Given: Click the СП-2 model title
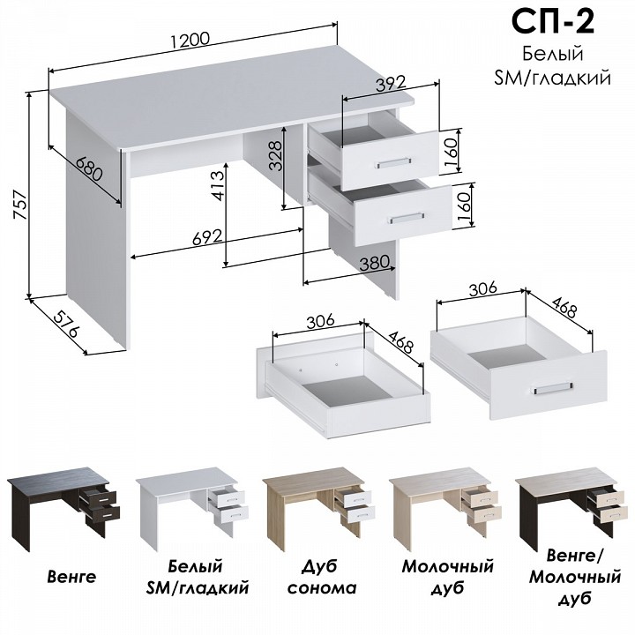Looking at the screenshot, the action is coord(553,22).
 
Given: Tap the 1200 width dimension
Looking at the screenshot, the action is coord(190,41).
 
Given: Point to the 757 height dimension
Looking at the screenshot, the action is coord(20,205).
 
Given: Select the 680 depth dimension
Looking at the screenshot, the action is coord(89,168).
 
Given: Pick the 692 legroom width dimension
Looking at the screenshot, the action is coord(207,238).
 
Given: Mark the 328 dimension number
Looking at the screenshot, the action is coord(275,155).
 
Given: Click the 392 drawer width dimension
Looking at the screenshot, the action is coord(391,84).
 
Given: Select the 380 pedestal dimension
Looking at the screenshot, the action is coord(375,264).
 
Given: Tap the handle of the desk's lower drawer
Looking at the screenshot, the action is coord(407,218).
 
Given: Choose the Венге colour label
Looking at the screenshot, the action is coord(71,576).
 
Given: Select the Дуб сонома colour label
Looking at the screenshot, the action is coord(322,577).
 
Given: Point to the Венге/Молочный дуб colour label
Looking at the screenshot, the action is coord(575,577).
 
